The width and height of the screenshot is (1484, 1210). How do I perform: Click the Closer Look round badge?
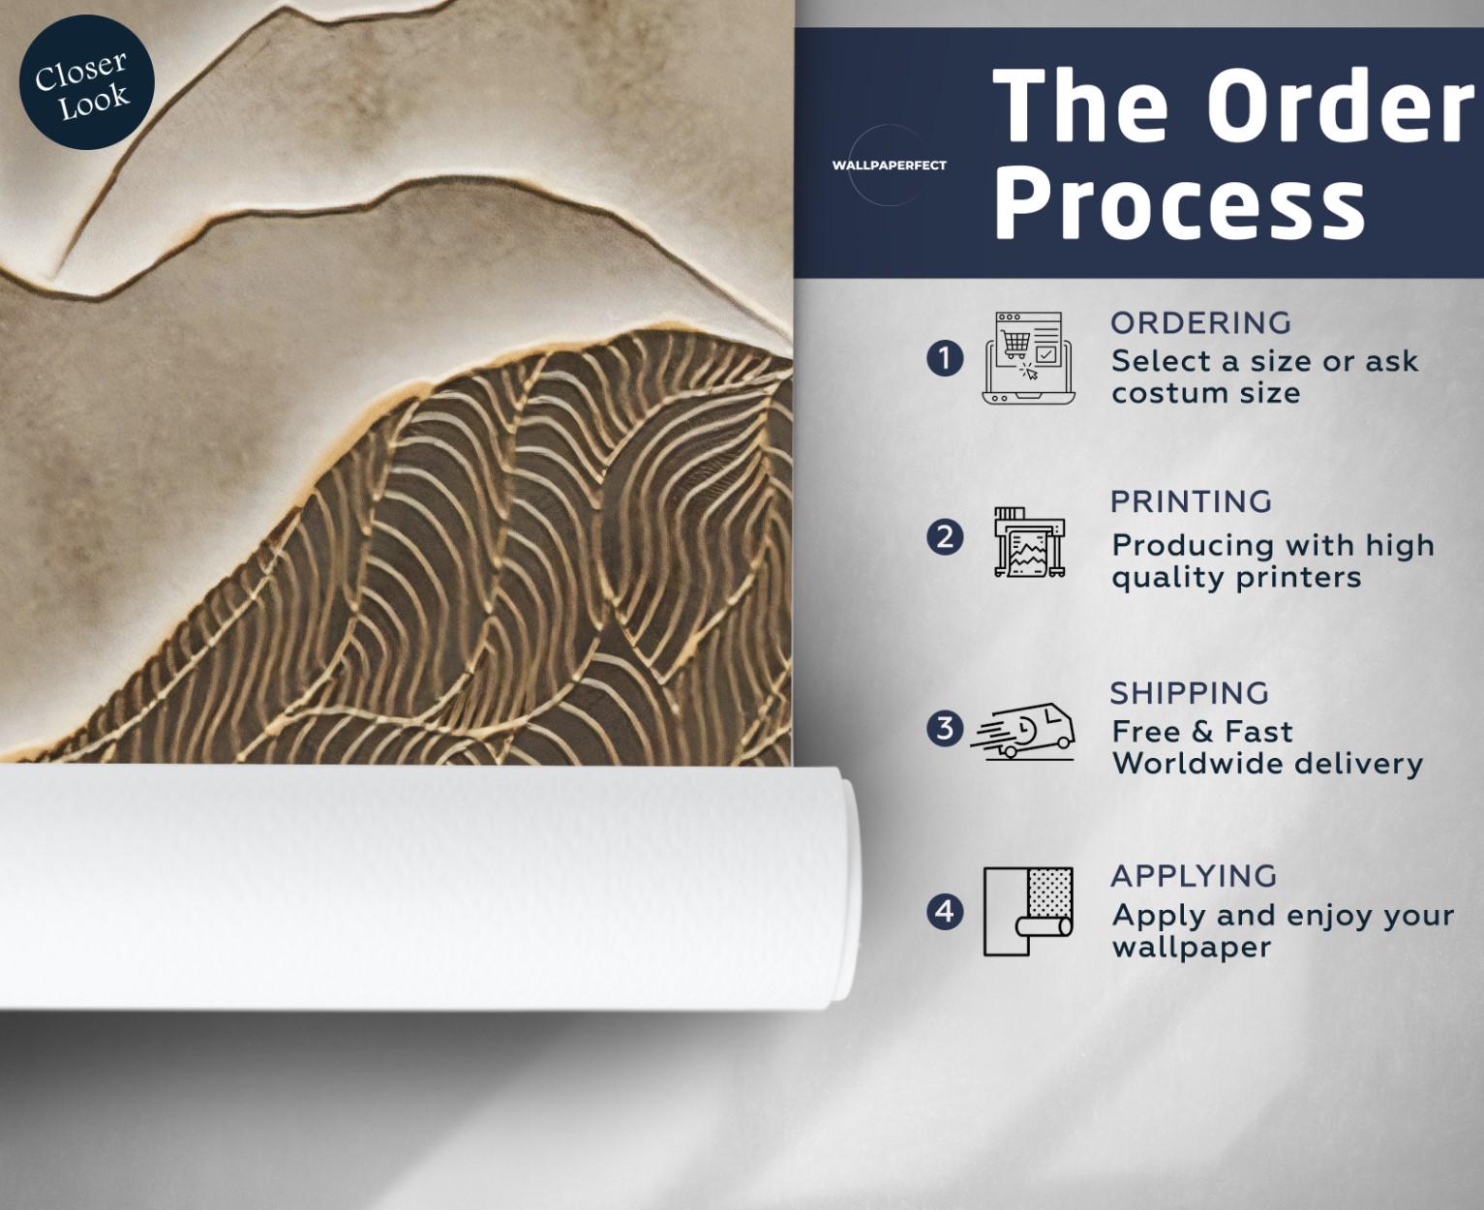[86, 82]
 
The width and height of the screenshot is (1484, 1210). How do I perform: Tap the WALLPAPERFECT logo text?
[890, 166]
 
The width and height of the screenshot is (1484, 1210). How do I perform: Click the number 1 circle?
[944, 358]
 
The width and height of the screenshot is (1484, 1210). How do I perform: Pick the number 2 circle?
[944, 537]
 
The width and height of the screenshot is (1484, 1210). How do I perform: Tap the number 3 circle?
[944, 728]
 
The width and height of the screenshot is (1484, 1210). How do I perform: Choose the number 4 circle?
[944, 912]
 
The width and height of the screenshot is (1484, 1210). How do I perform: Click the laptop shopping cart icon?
[1028, 358]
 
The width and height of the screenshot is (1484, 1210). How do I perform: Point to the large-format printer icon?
[1029, 542]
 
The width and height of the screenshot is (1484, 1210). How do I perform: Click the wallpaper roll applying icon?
[1028, 912]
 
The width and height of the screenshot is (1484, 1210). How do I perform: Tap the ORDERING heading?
[1201, 323]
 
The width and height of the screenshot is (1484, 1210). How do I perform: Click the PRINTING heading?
[1192, 501]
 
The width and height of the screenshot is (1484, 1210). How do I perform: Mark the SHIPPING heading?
[1190, 693]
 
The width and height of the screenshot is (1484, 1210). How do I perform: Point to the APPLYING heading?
[1195, 876]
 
